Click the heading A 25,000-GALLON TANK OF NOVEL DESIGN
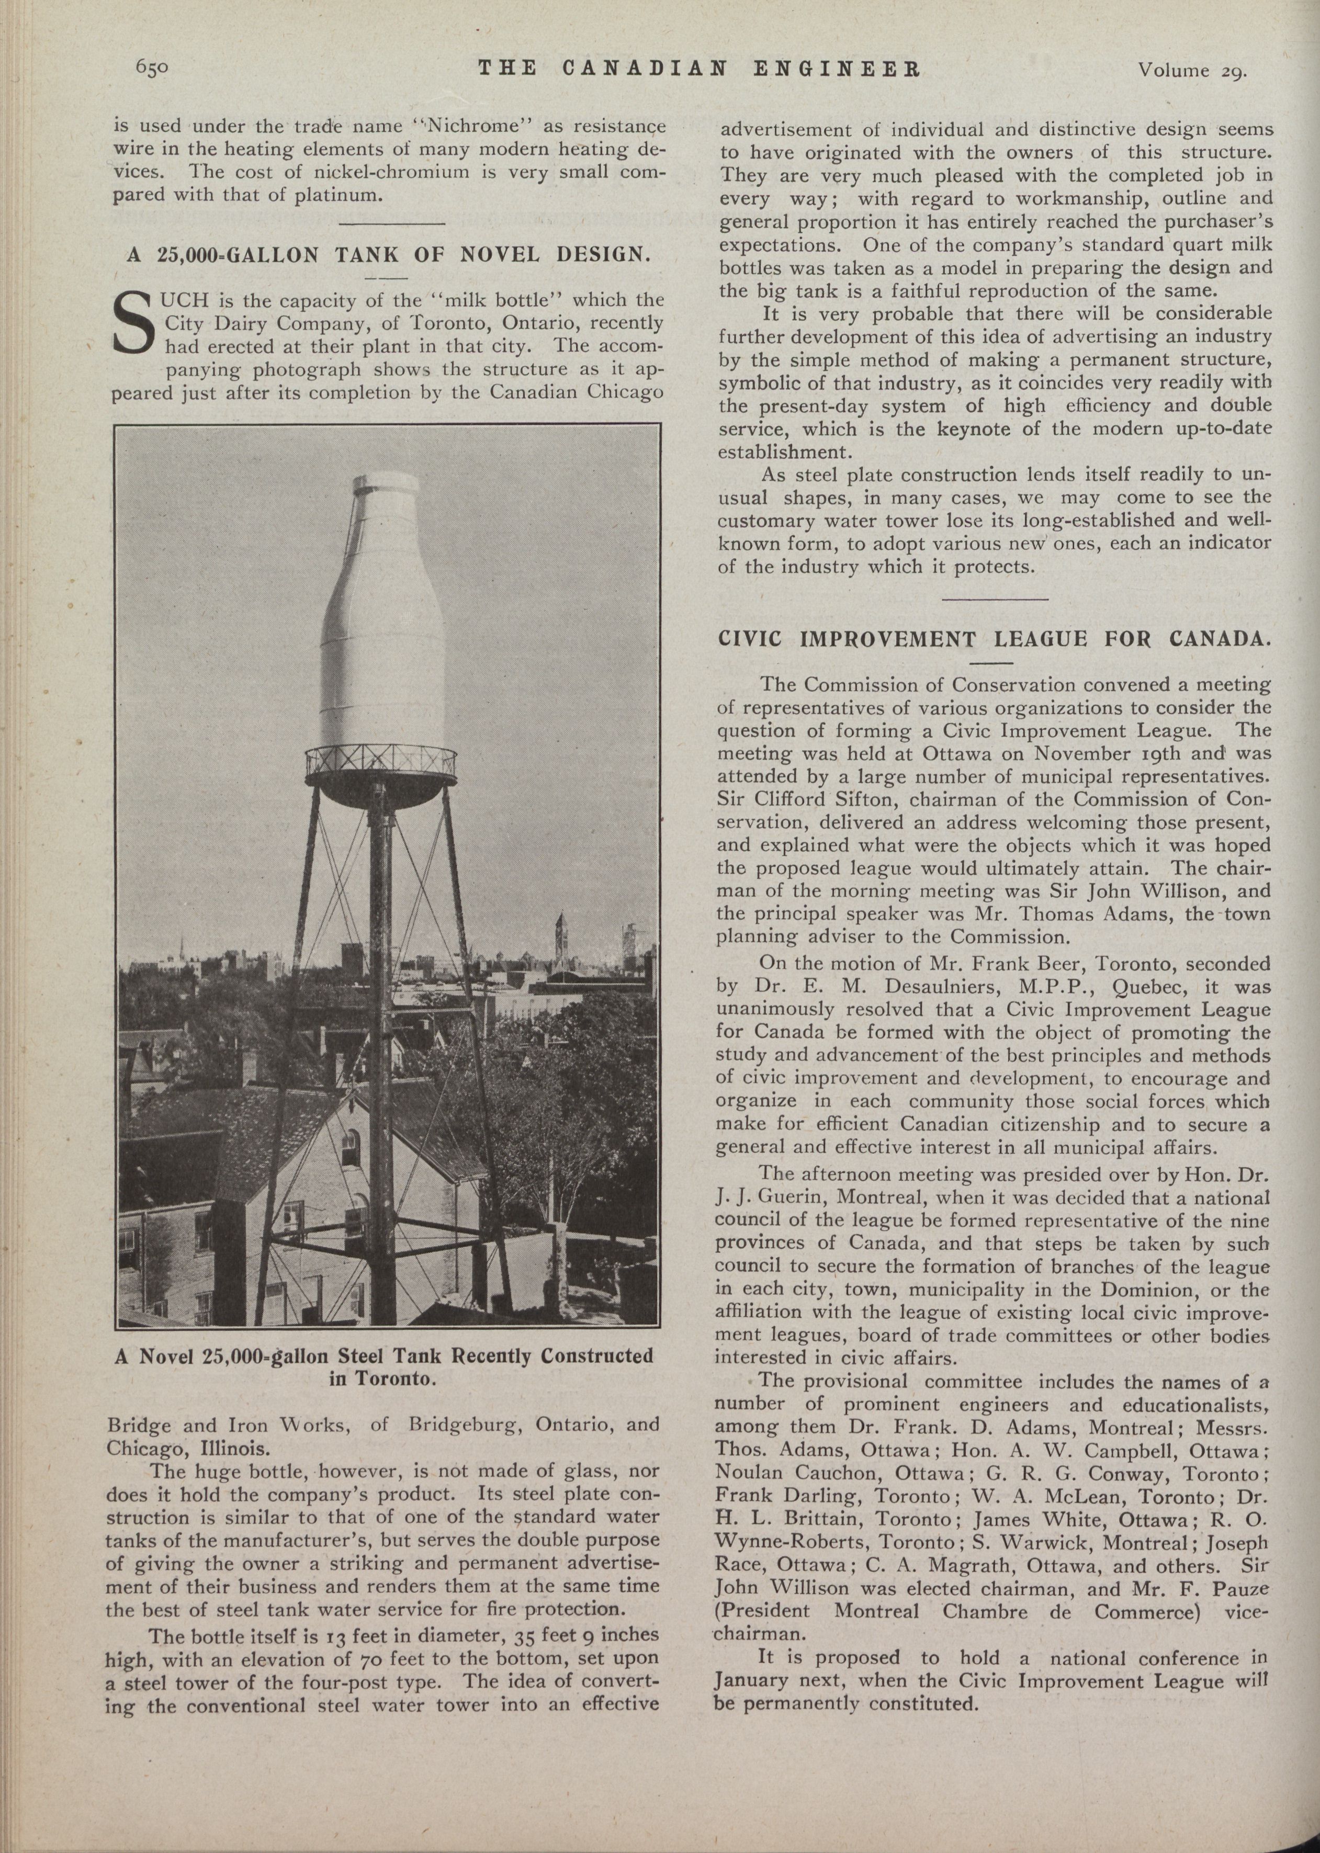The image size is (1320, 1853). (389, 254)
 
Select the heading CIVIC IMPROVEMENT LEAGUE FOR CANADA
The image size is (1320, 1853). (993, 638)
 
